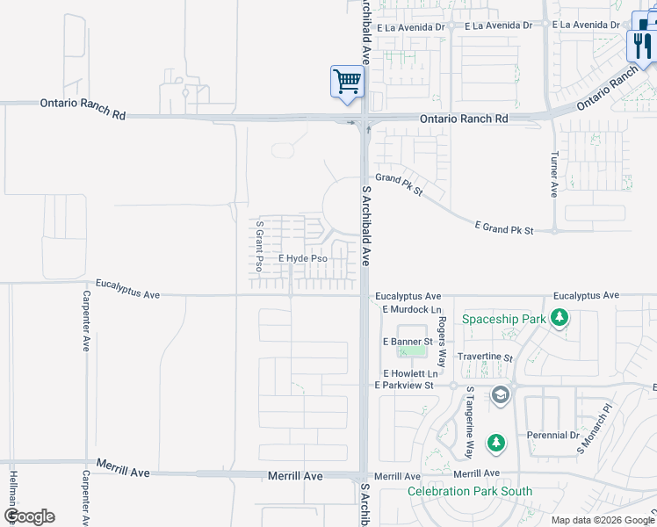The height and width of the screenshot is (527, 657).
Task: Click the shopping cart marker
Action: (347, 81)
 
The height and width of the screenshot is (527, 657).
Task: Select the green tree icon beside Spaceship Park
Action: (559, 319)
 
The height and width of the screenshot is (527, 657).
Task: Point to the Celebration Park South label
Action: (470, 491)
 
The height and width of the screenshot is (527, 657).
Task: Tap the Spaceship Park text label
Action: (504, 319)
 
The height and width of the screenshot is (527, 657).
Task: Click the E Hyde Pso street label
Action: (303, 259)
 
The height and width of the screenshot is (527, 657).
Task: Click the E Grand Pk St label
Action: (504, 228)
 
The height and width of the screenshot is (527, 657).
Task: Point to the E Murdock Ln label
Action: (412, 310)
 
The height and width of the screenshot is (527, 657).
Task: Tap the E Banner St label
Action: (408, 341)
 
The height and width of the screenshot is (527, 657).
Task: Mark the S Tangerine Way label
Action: (470, 422)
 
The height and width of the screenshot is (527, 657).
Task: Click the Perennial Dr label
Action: (553, 435)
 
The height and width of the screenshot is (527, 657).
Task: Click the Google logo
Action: (29, 516)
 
